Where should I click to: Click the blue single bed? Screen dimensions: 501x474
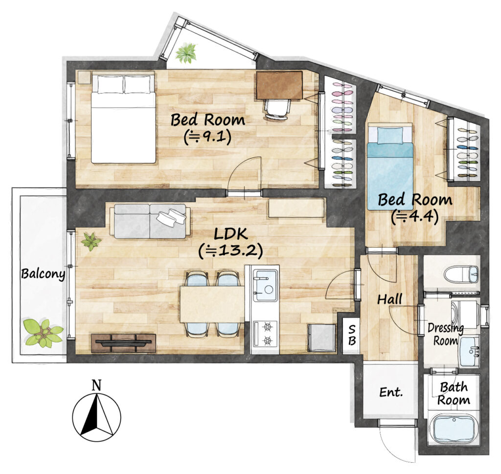point(390,166)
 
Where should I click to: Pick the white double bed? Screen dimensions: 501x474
point(123,119)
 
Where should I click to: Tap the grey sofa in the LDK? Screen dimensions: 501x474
point(150,221)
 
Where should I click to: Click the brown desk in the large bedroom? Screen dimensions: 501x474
point(279,85)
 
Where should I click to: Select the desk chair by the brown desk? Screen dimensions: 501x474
point(277,109)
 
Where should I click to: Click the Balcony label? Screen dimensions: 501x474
point(43,274)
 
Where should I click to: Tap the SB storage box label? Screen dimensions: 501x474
point(351,335)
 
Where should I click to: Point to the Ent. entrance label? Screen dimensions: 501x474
point(391,392)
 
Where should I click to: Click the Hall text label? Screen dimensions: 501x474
point(389,299)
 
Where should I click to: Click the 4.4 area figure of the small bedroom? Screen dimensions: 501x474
point(414,216)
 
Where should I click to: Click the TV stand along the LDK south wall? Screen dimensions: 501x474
point(123,343)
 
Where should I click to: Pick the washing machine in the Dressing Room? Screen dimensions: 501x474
point(465,313)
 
